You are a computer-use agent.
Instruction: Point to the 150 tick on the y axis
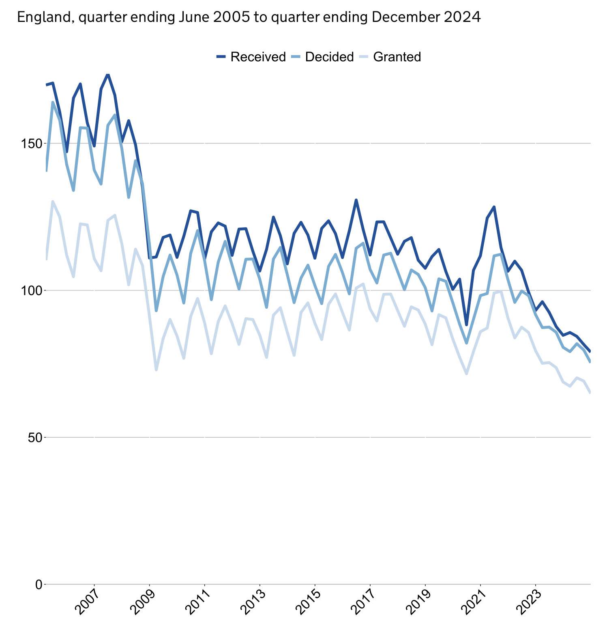pos(33,144)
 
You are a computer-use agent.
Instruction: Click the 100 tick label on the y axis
pos(33,290)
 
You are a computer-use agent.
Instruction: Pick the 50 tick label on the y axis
pos(36,437)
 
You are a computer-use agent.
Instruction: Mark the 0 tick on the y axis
pos(39,585)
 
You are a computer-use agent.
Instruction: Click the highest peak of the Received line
pos(108,74)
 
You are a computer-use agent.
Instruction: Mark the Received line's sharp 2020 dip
pos(467,325)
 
